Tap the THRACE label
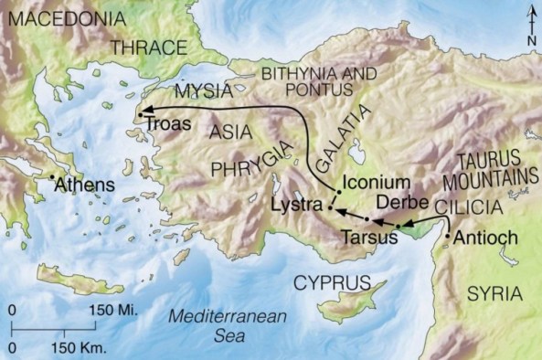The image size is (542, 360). pyautogui.click(x=147, y=48)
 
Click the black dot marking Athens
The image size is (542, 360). pyautogui.click(x=52, y=176)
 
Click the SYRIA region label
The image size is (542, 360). pyautogui.click(x=494, y=293)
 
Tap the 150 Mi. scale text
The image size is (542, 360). pyautogui.click(x=112, y=311)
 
